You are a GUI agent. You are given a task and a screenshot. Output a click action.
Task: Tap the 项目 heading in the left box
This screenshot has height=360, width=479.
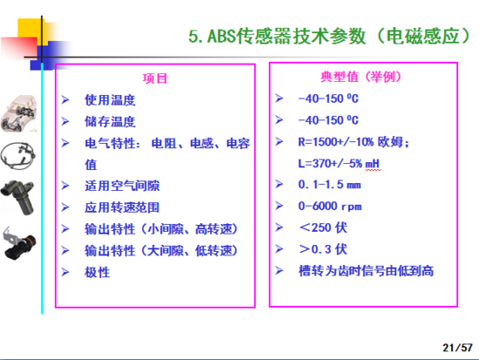click(155, 78)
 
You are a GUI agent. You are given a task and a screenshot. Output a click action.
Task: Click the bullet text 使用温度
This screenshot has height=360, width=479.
click(109, 99)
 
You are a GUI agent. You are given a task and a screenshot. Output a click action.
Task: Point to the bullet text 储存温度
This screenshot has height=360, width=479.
click(109, 121)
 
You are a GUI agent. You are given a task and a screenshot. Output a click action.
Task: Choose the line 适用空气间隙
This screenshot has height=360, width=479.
click(122, 186)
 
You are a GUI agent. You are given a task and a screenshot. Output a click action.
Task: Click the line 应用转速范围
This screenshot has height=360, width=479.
click(122, 207)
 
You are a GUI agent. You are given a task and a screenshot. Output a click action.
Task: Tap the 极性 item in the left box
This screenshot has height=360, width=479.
click(97, 272)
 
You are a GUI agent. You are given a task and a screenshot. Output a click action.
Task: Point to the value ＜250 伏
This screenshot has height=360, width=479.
click(323, 228)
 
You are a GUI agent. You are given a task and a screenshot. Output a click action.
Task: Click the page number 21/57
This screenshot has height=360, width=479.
click(457, 346)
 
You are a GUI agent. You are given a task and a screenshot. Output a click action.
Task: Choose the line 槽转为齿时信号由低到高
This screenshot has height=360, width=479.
click(366, 271)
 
